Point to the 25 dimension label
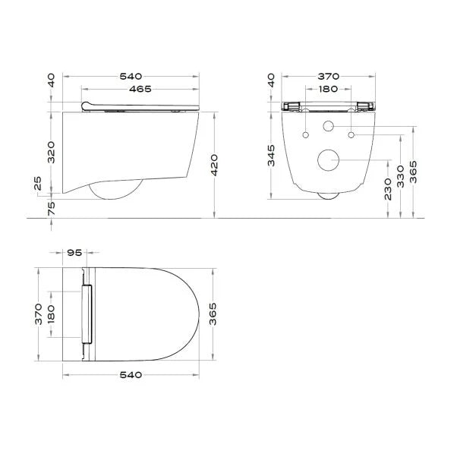38,184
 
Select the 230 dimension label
388,188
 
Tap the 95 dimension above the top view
74,253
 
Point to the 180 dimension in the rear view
328,90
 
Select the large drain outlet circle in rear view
329,160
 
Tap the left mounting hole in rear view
305,135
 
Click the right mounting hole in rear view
351,135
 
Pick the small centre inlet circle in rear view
329,125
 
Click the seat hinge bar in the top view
87,313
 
